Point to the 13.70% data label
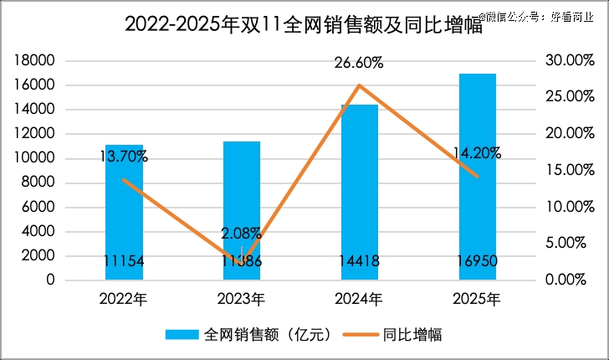point(123,156)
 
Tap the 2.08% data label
point(241,234)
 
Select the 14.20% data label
point(477,152)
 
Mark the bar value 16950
point(477,261)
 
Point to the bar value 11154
point(124,261)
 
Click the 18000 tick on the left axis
point(35,60)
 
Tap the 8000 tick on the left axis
point(38,183)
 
